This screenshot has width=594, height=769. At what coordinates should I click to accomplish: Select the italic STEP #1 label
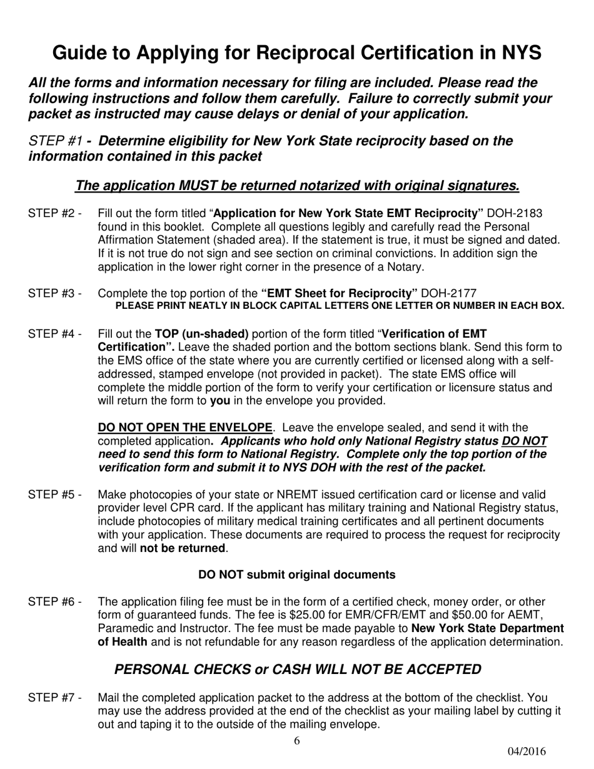[56, 141]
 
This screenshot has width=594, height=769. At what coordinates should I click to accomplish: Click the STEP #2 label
[54, 214]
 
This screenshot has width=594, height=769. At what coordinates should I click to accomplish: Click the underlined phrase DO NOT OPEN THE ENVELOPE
[186, 428]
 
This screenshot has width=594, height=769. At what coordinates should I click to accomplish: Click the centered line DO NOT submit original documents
[296, 575]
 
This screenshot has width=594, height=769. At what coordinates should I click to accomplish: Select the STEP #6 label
[54, 602]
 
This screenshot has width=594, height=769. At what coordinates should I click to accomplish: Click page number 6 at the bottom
[296, 741]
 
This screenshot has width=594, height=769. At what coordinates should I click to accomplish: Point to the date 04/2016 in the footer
[526, 752]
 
